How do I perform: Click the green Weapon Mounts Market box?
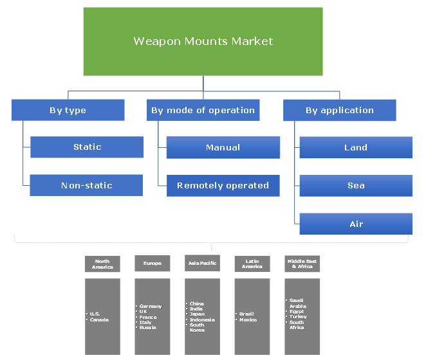coord(203,42)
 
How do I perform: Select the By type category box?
coord(68,110)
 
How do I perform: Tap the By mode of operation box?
coord(203,110)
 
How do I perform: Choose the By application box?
coord(339,110)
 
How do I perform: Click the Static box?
coord(87,147)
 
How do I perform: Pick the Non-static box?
coord(87,185)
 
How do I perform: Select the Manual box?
coord(223,147)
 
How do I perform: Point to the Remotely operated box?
coord(223,185)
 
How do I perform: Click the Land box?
coord(356,147)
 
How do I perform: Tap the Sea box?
coord(356,185)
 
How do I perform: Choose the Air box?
coord(356,224)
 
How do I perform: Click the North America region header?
coord(102,264)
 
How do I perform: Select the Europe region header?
coord(152,264)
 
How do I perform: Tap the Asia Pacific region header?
coord(202,264)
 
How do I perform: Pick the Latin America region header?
coord(252,264)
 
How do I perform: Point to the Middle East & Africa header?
coord(302,264)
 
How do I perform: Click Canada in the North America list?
coord(99,320)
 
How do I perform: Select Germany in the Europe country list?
coord(151,307)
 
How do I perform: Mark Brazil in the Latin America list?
coord(246,314)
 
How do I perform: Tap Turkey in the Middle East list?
coord(298,317)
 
